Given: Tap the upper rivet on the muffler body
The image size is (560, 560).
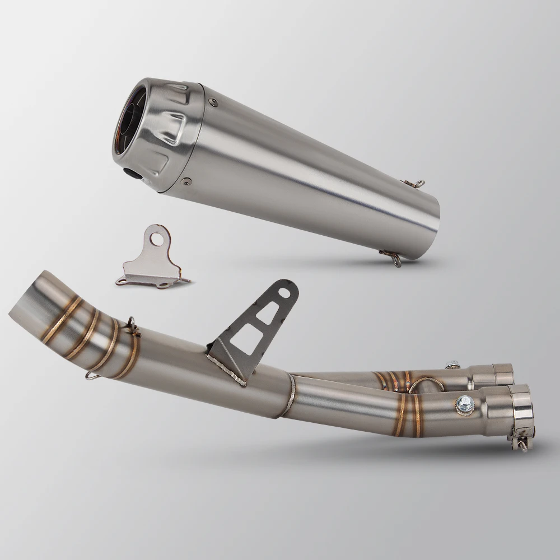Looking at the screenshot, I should (211, 101).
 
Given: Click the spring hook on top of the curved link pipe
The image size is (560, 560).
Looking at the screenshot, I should (132, 325).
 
